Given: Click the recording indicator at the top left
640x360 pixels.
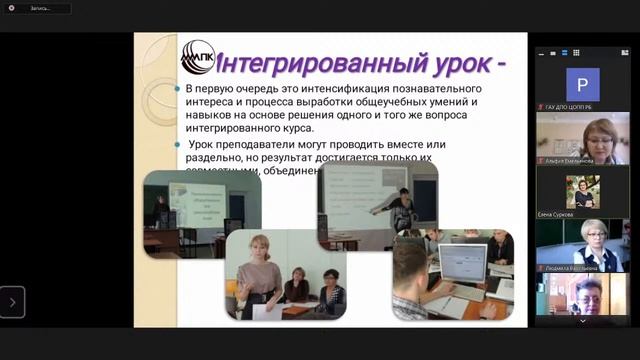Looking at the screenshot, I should [35, 8].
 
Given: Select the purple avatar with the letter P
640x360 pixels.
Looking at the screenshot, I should [582, 83].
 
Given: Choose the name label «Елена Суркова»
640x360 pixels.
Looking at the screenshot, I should [557, 213].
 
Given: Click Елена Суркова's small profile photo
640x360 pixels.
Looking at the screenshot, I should [581, 190].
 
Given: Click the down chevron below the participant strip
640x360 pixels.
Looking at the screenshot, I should [582, 321].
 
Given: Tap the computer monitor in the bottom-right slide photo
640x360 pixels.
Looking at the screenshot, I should [462, 262].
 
